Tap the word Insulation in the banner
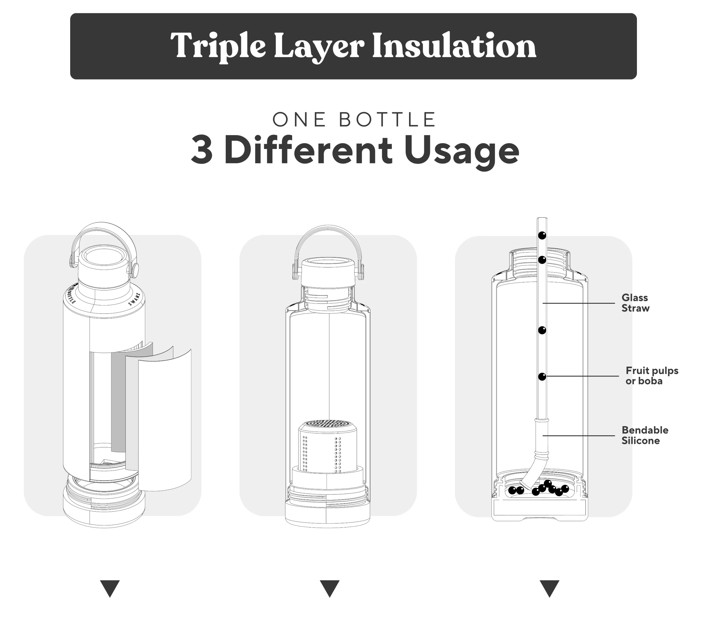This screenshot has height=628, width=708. click(x=454, y=45)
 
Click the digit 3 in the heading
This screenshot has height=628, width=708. click(x=202, y=151)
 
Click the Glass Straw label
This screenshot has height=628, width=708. click(x=635, y=303)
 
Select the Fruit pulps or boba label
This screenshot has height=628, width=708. click(x=652, y=375)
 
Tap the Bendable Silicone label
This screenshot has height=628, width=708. click(x=645, y=435)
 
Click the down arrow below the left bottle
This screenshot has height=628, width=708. click(x=110, y=588)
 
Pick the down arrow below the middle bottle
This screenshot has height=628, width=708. click(x=329, y=588)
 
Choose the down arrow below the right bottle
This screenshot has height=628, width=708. click(x=549, y=588)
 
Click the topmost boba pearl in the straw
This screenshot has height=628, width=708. click(x=542, y=235)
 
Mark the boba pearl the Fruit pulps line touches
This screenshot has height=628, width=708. click(x=542, y=376)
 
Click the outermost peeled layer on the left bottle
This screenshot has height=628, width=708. click(x=165, y=421)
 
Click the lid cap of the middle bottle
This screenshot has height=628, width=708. click(x=328, y=272)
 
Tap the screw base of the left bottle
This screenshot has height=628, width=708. click(x=104, y=503)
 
